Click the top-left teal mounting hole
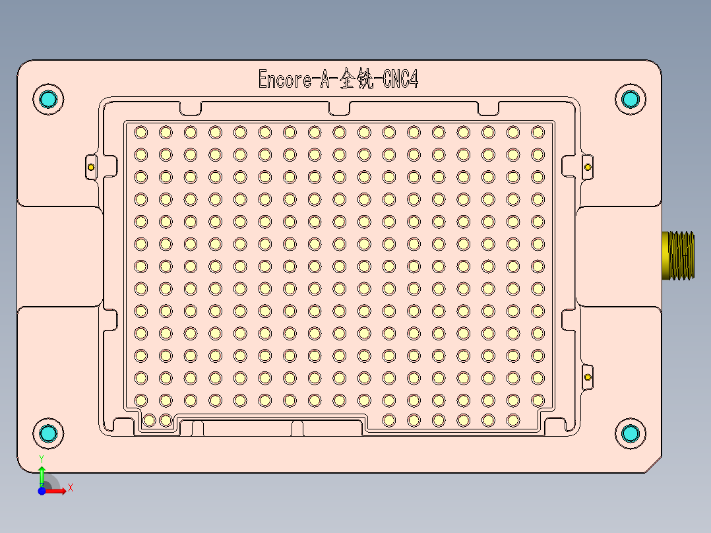point(48,100)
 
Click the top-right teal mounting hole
point(631,100)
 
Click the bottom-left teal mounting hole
point(48,433)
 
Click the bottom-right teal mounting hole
point(631,433)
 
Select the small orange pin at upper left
point(91,167)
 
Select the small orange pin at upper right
point(588,167)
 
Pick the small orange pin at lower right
point(588,377)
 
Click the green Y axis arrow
point(42,474)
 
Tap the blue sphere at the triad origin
point(42,491)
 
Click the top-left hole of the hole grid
point(140,133)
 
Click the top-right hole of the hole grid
point(538,133)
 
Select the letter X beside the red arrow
point(70,488)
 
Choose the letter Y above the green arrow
point(42,458)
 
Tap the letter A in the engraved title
point(325,80)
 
